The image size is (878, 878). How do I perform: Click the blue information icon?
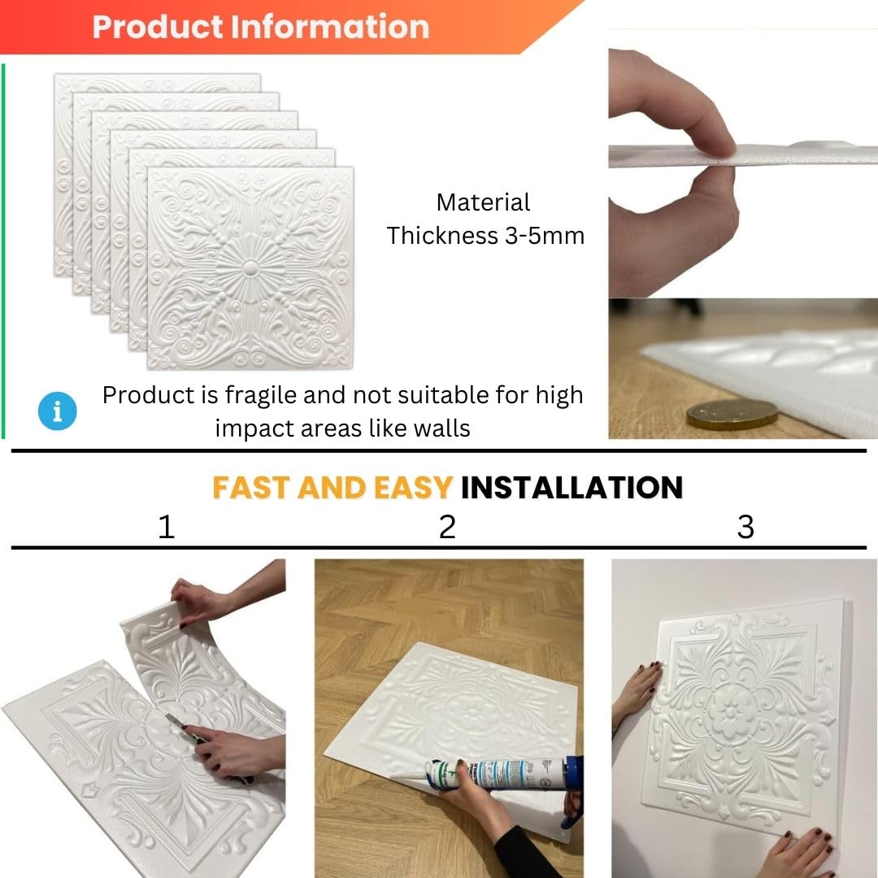[x=57, y=411]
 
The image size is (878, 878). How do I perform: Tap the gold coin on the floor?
[x=732, y=415]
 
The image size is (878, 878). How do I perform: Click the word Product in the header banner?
[x=158, y=27]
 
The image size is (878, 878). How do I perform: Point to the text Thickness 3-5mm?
[x=485, y=236]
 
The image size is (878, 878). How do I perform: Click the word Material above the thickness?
[x=483, y=202]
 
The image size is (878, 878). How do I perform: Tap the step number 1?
[x=167, y=527]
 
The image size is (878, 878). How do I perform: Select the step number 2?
[x=447, y=527]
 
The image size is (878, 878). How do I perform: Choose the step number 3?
[x=745, y=527]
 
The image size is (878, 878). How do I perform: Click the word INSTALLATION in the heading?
[x=572, y=487]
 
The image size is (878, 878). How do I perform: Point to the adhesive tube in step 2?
[x=493, y=775]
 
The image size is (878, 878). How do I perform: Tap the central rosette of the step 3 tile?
[x=732, y=712]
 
